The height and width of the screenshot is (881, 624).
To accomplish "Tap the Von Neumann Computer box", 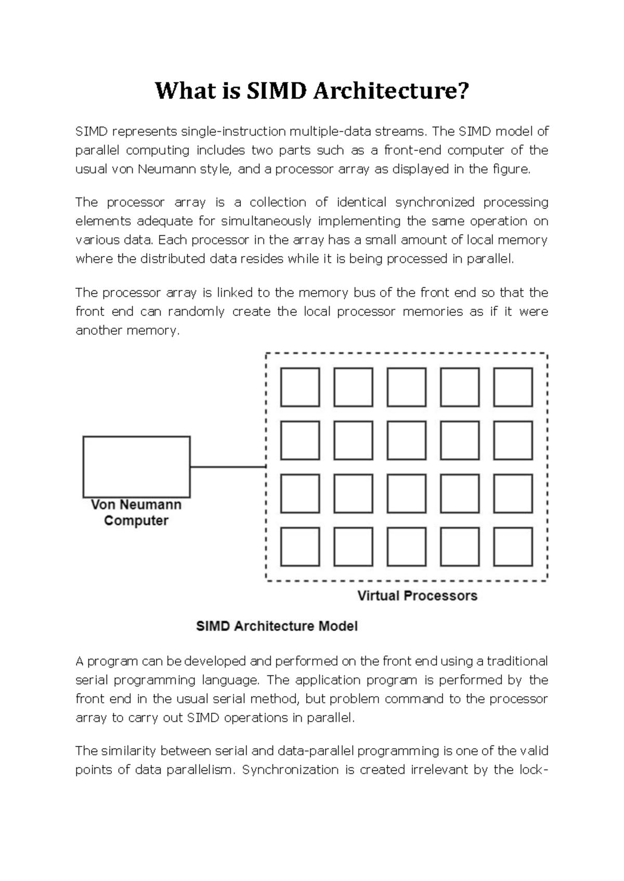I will [136, 467].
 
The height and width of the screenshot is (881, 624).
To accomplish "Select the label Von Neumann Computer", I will [136, 513].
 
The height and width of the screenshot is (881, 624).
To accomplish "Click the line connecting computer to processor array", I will [228, 467].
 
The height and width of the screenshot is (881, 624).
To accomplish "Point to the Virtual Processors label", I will [417, 596].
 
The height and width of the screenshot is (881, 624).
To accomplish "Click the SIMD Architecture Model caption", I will [277, 626].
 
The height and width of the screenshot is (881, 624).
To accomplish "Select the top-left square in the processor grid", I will [300, 387].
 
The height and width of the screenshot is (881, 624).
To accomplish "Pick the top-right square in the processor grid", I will [513, 387].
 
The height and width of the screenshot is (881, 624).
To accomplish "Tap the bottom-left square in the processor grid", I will [300, 546].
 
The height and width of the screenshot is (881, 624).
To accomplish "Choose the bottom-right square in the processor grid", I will [513, 546].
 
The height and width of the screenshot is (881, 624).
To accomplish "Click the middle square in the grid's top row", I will [406, 387].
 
